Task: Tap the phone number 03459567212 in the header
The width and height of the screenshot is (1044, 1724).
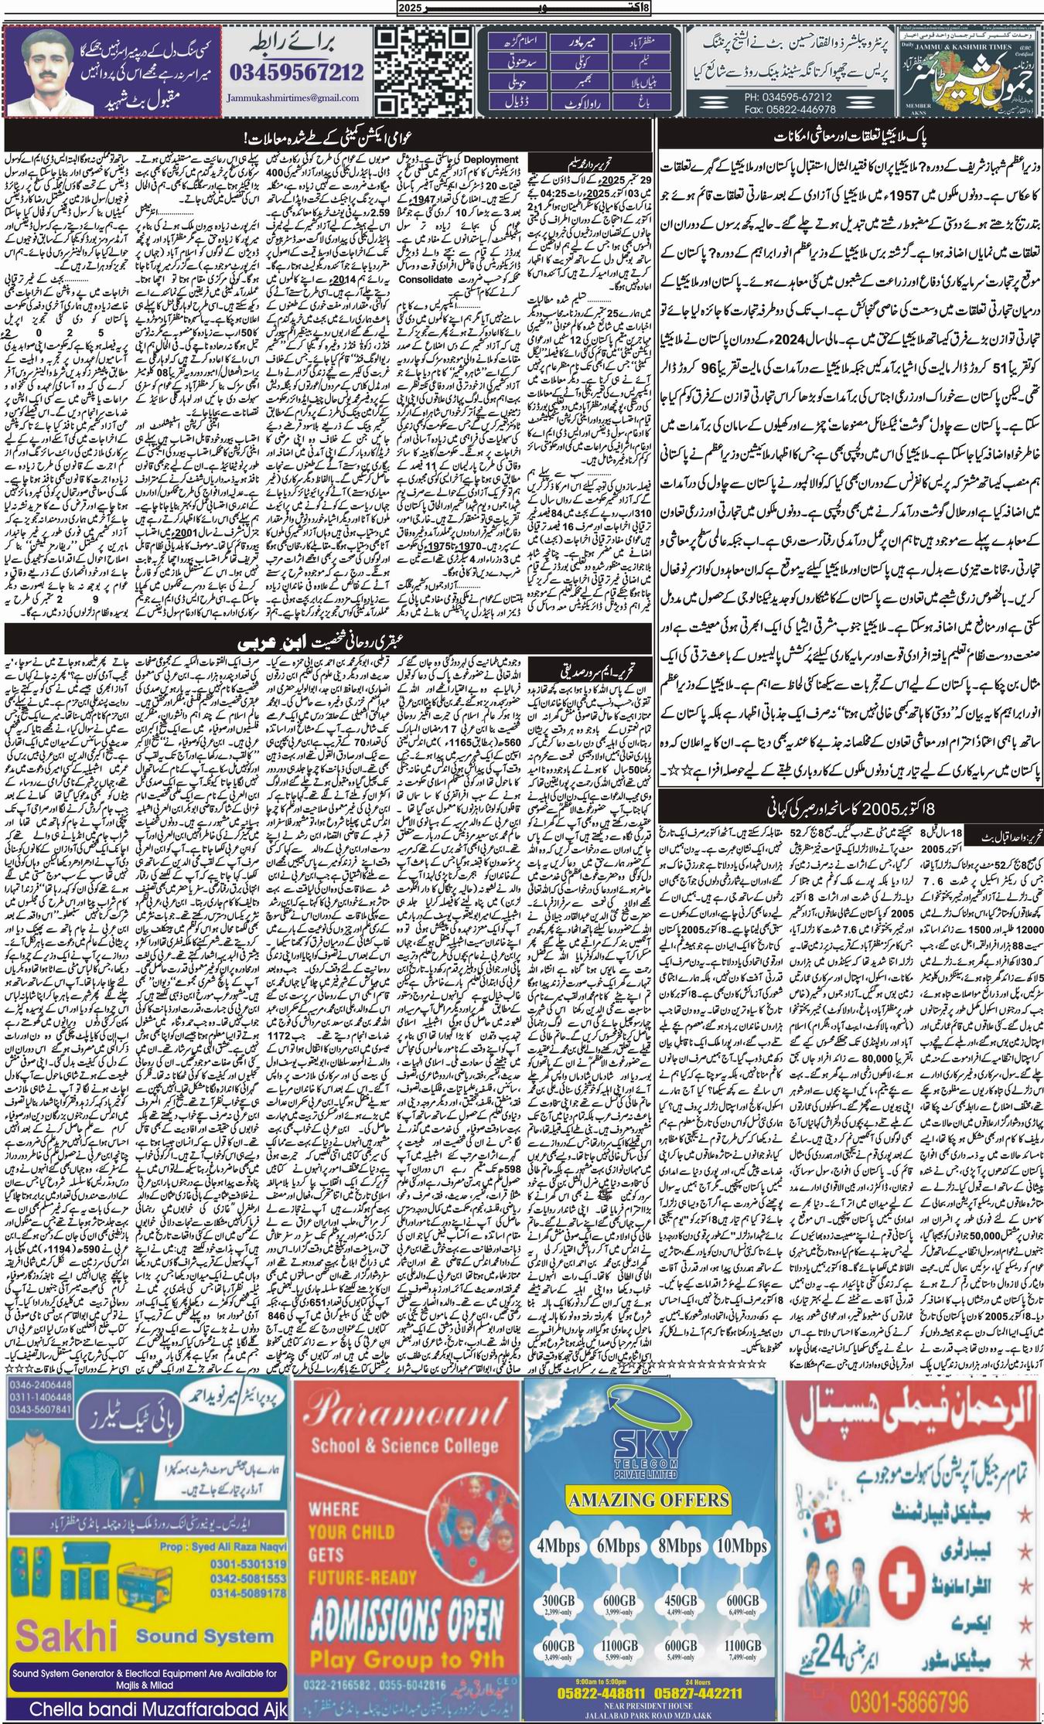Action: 296,73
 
